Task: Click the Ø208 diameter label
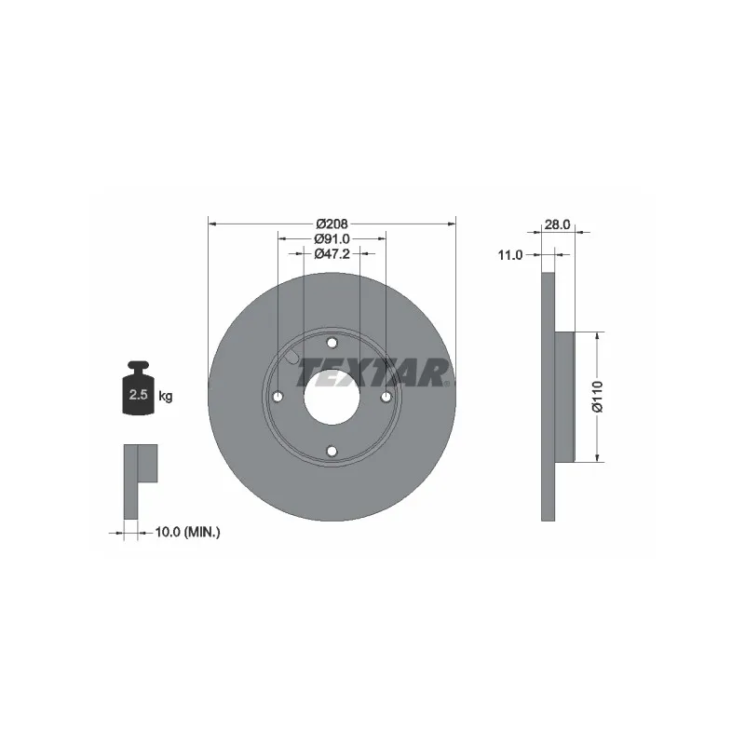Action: pos(332,223)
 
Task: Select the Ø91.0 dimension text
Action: pos(332,238)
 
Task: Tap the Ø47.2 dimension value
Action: pos(332,253)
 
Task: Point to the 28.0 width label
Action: pos(557,224)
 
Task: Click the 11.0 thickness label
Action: pos(509,255)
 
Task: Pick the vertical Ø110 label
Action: pos(597,397)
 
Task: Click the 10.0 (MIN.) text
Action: pos(188,532)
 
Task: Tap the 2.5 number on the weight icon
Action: pos(138,394)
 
